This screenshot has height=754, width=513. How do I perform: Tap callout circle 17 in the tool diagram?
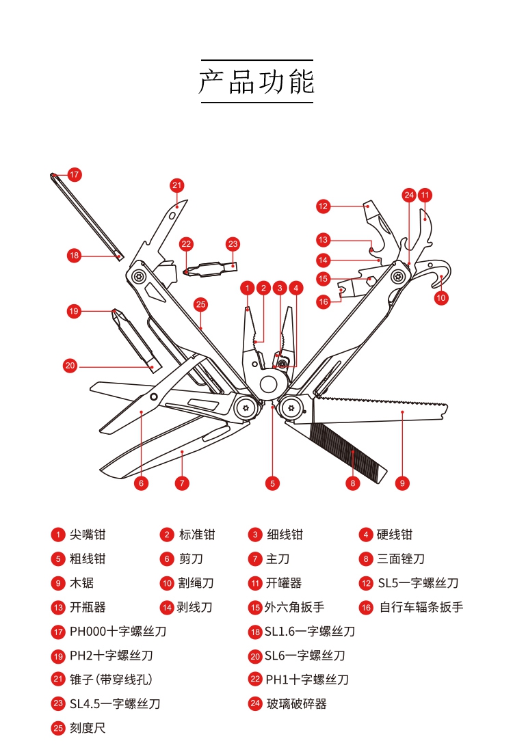(x=74, y=174)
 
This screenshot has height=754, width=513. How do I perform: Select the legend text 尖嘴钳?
(x=88, y=535)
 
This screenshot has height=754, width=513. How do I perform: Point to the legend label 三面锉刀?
(x=400, y=559)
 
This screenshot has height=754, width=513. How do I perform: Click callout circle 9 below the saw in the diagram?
(x=402, y=483)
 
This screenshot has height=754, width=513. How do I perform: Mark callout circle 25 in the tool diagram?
(x=200, y=305)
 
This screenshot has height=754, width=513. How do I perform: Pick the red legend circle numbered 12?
(x=366, y=583)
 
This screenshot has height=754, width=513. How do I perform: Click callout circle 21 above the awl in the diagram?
(x=177, y=185)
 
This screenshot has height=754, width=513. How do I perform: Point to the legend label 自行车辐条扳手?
(x=421, y=607)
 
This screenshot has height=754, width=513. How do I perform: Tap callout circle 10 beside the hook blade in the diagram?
(x=441, y=297)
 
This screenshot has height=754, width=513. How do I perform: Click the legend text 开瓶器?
(x=88, y=607)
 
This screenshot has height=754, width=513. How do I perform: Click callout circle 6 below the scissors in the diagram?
(x=141, y=483)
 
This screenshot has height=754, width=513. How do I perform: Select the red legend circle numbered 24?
(x=255, y=703)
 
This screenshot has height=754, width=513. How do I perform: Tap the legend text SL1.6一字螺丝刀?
(x=310, y=632)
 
